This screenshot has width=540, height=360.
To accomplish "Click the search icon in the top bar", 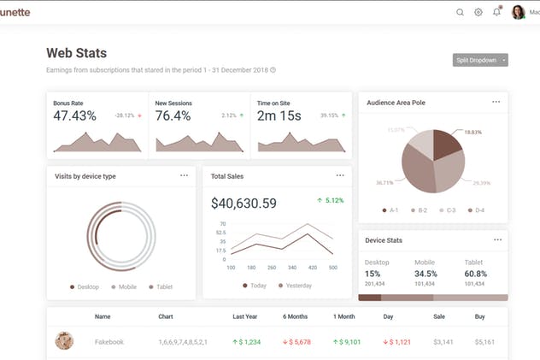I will [x=461, y=12].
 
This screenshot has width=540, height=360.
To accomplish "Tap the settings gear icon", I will [x=478, y=12].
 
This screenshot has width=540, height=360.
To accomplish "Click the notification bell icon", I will [x=496, y=12].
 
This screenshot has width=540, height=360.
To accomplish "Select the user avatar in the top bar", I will [x=518, y=12].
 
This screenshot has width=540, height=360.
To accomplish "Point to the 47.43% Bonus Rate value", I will [x=74, y=115].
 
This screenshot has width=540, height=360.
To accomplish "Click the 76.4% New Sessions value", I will [x=173, y=115].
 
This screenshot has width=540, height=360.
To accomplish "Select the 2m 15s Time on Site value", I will [x=279, y=115].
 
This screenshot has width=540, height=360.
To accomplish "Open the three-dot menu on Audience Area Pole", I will [x=496, y=102].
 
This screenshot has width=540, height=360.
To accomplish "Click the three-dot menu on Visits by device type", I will [x=184, y=175].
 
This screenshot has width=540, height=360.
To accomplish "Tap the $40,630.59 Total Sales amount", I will [x=244, y=203].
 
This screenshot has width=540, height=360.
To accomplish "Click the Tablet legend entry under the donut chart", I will [x=161, y=287].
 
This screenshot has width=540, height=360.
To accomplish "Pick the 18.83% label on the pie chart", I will [x=472, y=133].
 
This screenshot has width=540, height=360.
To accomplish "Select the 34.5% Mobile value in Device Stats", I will [x=426, y=274].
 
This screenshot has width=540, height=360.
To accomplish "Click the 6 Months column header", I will [x=296, y=316].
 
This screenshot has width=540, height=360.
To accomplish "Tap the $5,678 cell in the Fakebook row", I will [x=298, y=342].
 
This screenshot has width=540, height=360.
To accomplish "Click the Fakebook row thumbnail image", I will [x=64, y=341].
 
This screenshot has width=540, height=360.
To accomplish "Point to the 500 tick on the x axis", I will [x=333, y=268].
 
